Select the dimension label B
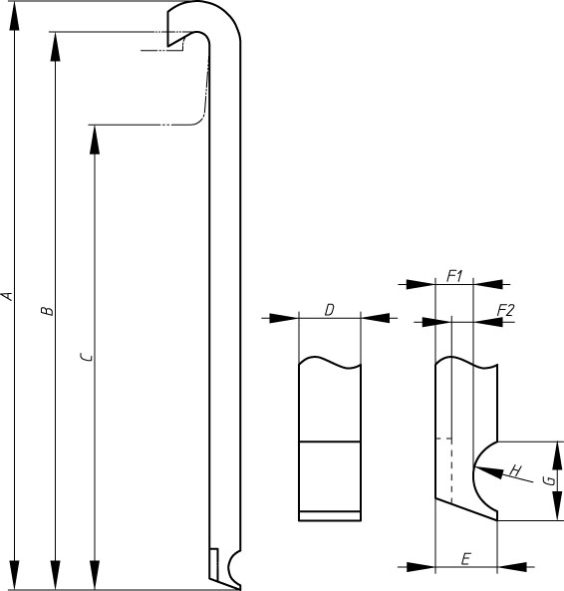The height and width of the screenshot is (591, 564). pyautogui.click(x=48, y=311)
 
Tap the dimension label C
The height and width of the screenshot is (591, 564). pyautogui.click(x=87, y=356)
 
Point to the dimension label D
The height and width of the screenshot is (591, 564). pyautogui.click(x=329, y=310)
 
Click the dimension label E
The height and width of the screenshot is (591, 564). pyautogui.click(x=466, y=558)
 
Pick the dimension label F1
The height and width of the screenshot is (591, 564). pyautogui.click(x=454, y=277)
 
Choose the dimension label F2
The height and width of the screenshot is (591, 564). pyautogui.click(x=505, y=311)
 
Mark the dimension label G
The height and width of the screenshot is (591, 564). pyautogui.click(x=550, y=480)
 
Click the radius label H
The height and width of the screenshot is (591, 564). pyautogui.click(x=515, y=470)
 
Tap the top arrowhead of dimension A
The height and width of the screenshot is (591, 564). pyautogui.click(x=14, y=16)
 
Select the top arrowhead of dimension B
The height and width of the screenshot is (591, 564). pyautogui.click(x=56, y=47)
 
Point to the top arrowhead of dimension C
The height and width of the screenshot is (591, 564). pyautogui.click(x=95, y=140)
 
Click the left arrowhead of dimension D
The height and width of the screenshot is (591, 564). pyautogui.click(x=284, y=318)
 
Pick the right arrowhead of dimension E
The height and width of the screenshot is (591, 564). pyautogui.click(x=511, y=566)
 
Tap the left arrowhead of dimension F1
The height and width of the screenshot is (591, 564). pyautogui.click(x=421, y=284)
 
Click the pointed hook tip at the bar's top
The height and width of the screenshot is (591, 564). pyautogui.click(x=168, y=47)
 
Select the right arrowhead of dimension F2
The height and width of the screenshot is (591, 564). pyautogui.click(x=488, y=322)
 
